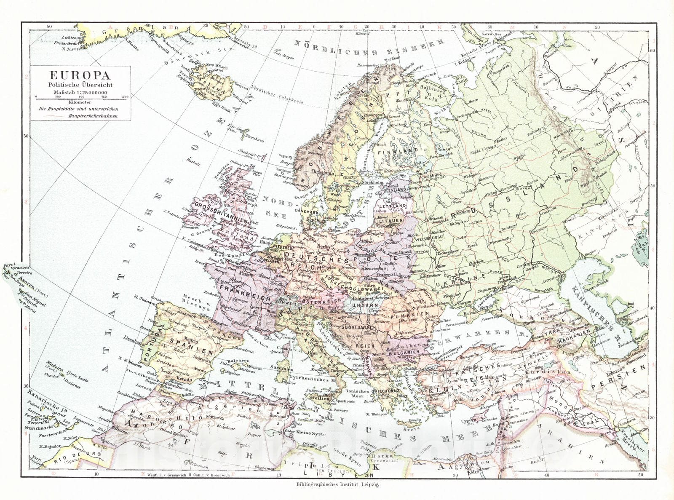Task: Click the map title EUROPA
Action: [x=80, y=76]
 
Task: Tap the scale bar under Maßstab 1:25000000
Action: [x=80, y=97]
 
